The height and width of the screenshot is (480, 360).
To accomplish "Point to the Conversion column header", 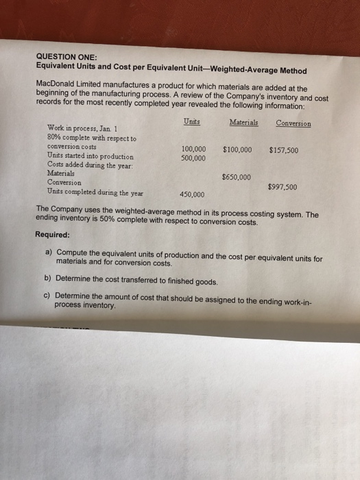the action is tap(293, 123).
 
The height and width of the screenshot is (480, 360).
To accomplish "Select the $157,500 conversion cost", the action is tap(283, 150).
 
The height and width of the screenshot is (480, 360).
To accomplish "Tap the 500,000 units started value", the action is tap(193, 158).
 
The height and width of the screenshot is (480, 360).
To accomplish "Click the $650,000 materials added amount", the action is tap(237, 177).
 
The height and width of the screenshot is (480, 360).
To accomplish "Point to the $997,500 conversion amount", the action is tap(283, 186).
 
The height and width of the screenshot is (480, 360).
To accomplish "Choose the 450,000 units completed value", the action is tap(191, 194).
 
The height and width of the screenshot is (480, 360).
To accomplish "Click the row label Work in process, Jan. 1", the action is tap(82, 128).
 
